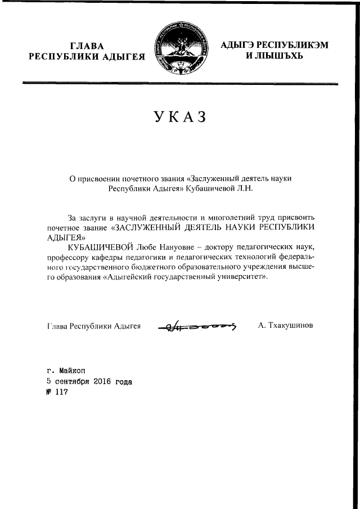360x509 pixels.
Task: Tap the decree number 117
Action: [x=58, y=392]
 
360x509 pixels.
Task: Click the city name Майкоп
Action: [x=71, y=371]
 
